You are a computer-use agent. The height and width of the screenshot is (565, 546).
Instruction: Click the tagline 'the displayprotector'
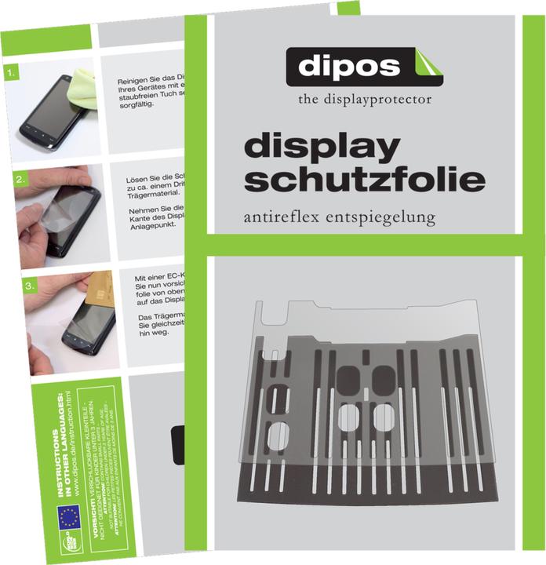click(364, 100)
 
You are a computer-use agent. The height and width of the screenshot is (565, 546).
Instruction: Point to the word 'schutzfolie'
click(364, 180)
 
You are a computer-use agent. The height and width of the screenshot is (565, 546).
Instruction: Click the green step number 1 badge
click(10, 75)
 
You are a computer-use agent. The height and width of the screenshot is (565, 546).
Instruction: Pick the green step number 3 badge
click(30, 287)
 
